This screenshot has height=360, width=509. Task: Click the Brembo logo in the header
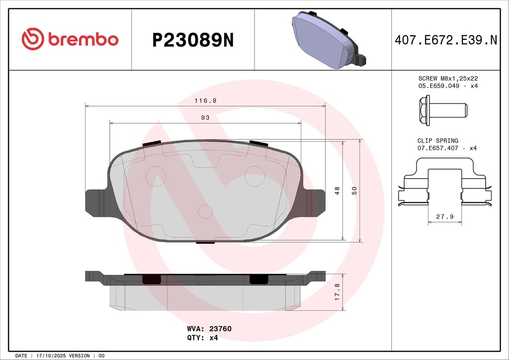[x=70, y=39]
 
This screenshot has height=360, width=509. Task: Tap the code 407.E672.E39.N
[x=446, y=40]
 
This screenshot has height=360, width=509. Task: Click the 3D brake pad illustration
[x=329, y=40]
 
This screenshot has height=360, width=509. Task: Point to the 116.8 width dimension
[x=205, y=100]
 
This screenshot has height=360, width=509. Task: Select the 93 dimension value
[x=205, y=117]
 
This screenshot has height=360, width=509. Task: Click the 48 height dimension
[x=337, y=190]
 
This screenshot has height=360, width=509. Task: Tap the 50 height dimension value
[x=354, y=190]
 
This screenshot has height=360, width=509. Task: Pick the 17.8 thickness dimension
[x=337, y=291]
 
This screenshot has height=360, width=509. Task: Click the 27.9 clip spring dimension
[x=445, y=216]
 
